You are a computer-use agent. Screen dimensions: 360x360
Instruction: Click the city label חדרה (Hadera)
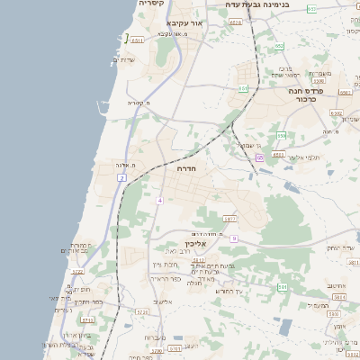(187, 168)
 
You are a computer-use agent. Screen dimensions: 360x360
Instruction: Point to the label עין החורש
(229, 290)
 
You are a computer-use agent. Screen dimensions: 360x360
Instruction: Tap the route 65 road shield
(259, 158)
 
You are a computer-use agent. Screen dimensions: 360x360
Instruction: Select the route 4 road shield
(159, 200)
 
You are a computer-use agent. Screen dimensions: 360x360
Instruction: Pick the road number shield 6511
(137, 40)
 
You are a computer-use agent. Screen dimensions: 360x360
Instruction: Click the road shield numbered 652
(310, 9)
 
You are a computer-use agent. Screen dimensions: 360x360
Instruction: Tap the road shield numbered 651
(243, 88)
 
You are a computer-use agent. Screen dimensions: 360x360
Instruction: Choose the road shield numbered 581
(282, 286)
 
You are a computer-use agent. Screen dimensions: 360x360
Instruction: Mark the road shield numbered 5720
(141, 311)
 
